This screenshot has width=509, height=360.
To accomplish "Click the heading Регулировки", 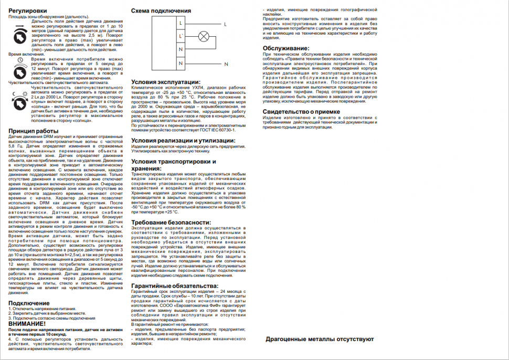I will pyautogui.click(x=27, y=10).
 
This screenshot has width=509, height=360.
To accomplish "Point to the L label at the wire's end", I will pyautogui.click(x=225, y=24).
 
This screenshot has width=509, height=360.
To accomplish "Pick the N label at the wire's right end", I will pyautogui.click(x=227, y=63).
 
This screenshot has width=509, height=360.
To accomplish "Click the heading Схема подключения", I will pyautogui.click(x=158, y=10).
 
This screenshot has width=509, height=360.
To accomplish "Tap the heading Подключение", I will pyautogui.click(x=29, y=303).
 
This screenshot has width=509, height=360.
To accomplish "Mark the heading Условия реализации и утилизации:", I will pyautogui.click(x=183, y=141).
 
